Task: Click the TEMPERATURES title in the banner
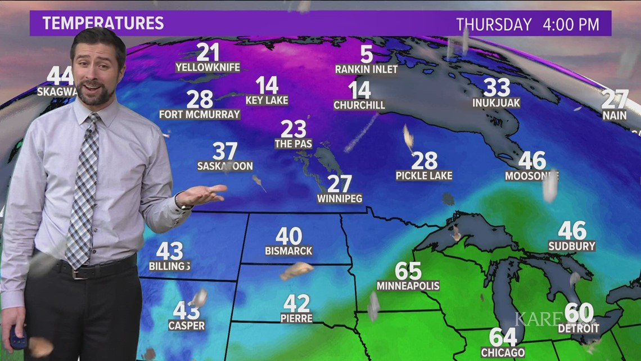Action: click(103, 24)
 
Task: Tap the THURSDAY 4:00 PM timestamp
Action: click(527, 25)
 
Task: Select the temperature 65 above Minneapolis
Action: click(408, 271)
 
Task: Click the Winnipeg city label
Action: click(340, 198)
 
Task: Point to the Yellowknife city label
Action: click(207, 68)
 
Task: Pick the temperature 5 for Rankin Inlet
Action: click(367, 55)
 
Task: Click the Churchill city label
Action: click(359, 105)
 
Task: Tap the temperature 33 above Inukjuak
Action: click(496, 87)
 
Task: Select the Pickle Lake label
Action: click(424, 176)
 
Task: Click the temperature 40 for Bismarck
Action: click(288, 236)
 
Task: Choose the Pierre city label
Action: click(296, 318)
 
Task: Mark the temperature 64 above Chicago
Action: click(503, 337)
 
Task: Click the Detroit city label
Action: click(578, 328)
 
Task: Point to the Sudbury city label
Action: click(572, 246)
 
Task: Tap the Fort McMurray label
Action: click(200, 114)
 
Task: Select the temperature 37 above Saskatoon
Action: click(225, 151)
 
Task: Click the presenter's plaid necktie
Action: click(84, 191)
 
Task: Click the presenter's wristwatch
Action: click(181, 202)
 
